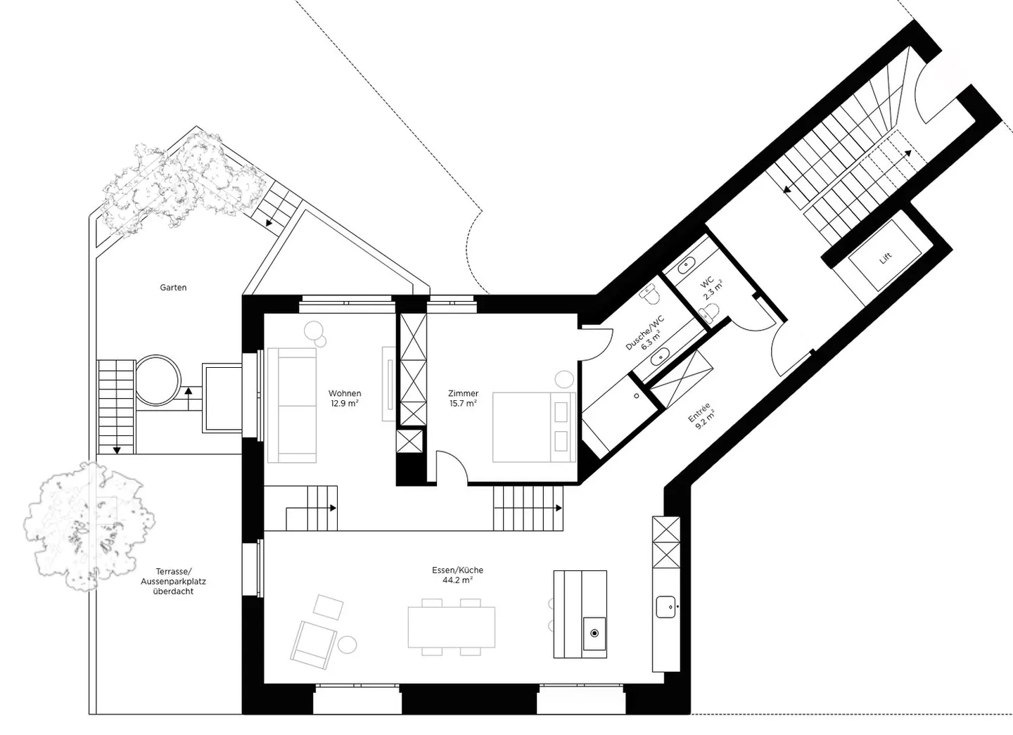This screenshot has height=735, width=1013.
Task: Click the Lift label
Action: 886,258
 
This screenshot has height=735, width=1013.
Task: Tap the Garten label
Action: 173,288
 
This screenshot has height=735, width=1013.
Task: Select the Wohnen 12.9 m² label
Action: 345,398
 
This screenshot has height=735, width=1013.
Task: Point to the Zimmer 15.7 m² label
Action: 463,398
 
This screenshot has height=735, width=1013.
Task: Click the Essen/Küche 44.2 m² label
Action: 458,575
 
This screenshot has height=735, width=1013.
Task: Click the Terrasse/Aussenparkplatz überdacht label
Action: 173,581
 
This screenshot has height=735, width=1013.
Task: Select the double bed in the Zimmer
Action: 534,427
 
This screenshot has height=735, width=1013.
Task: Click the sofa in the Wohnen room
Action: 292,405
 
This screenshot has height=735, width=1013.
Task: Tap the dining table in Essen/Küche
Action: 452,627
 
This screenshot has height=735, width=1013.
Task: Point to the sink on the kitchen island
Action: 594,633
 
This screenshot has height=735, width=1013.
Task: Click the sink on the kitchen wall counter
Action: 665,606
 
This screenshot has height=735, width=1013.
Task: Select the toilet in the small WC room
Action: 708,312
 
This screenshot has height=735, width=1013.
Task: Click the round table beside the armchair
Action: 348,644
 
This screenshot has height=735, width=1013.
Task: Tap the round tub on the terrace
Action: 158,380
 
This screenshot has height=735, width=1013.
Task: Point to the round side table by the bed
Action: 564,379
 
